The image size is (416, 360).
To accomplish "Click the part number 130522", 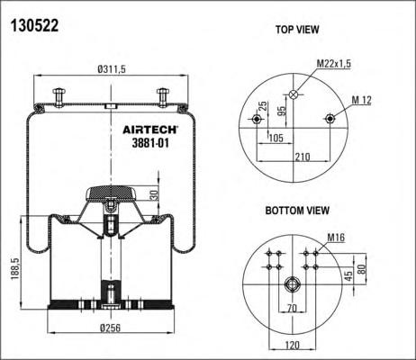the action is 34,25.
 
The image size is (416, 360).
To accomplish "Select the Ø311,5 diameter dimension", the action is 112,69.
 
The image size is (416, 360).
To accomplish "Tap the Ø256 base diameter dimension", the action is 110,328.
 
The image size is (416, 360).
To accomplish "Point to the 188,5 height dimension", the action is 15,269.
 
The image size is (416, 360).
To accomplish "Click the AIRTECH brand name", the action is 150,130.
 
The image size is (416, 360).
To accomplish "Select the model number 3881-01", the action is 150,143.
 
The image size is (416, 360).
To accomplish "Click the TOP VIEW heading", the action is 297,30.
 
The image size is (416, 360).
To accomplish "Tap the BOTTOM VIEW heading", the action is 297,211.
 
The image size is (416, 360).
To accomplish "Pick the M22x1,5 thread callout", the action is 334,64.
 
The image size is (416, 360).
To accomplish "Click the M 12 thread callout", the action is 361,100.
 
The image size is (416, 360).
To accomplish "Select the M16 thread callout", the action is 336,238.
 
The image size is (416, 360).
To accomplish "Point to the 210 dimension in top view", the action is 303,157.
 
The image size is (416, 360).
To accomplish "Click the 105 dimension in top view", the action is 276,138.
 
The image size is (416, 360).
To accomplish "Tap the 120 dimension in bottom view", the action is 292,345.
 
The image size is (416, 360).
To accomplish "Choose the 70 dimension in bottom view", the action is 292,308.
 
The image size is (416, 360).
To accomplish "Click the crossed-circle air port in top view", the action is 293,94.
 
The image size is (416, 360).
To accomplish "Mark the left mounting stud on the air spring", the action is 59,97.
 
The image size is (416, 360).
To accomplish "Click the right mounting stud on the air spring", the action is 162,97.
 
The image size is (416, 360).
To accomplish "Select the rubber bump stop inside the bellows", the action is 111,193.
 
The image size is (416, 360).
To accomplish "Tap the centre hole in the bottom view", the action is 293,283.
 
